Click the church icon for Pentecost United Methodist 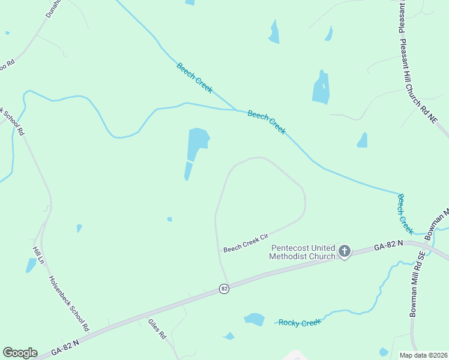pyautogui.click(x=344, y=251)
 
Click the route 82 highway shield pyautogui.click(x=224, y=289)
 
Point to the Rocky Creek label pyautogui.click(x=300, y=323)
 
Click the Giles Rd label pyautogui.click(x=157, y=329)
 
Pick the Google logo pyautogui.click(x=20, y=353)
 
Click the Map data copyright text pyautogui.click(x=423, y=355)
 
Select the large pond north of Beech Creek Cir pyautogui.click(x=197, y=143)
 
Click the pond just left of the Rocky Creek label pyautogui.click(x=255, y=319)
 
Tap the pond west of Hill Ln pyautogui.click(x=31, y=265)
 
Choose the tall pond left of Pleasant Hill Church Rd pyautogui.click(x=321, y=88)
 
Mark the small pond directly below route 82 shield pyautogui.click(x=229, y=336)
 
